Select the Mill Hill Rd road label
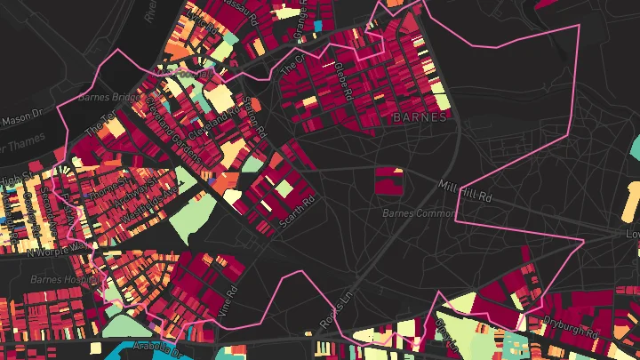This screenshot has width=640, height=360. (x=466, y=191)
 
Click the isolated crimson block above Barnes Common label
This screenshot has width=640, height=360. (x=388, y=180)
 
